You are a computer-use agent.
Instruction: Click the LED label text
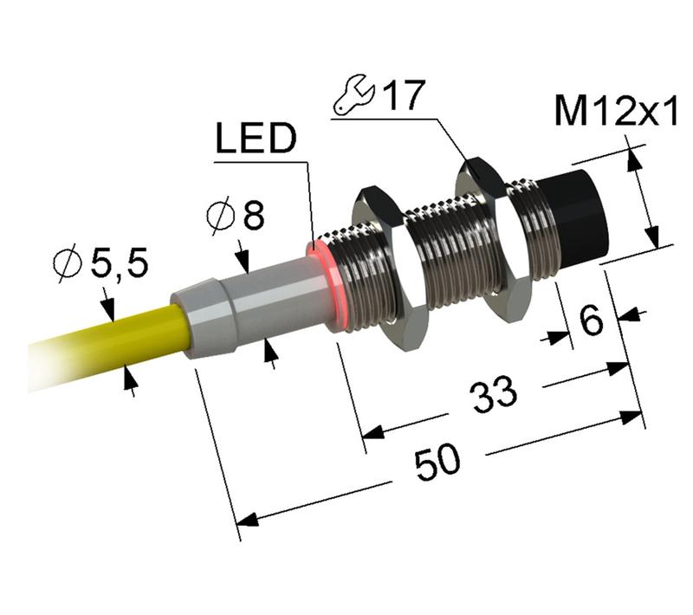coord(256,141)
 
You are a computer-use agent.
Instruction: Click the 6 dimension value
coord(590,322)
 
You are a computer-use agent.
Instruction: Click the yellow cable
coord(113,342)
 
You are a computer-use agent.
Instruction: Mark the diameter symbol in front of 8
coord(219,217)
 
